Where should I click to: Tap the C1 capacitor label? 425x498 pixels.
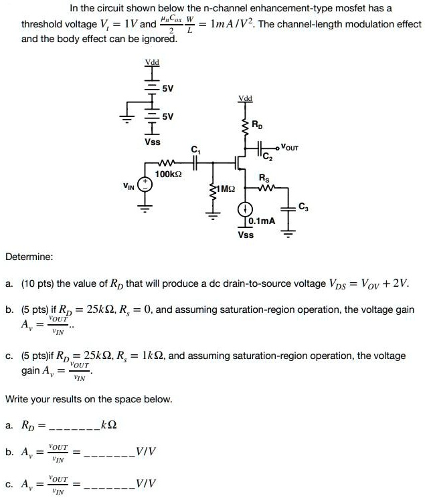pos(195,150)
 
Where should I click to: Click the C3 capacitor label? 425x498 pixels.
pos(303,205)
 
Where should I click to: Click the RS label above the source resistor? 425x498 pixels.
pos(264,177)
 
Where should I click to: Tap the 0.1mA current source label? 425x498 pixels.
pos(260,221)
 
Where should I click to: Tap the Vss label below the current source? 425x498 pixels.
pos(245,235)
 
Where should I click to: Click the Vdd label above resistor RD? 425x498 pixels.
pos(245,98)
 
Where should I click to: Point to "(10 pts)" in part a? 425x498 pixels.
pos(37,285)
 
